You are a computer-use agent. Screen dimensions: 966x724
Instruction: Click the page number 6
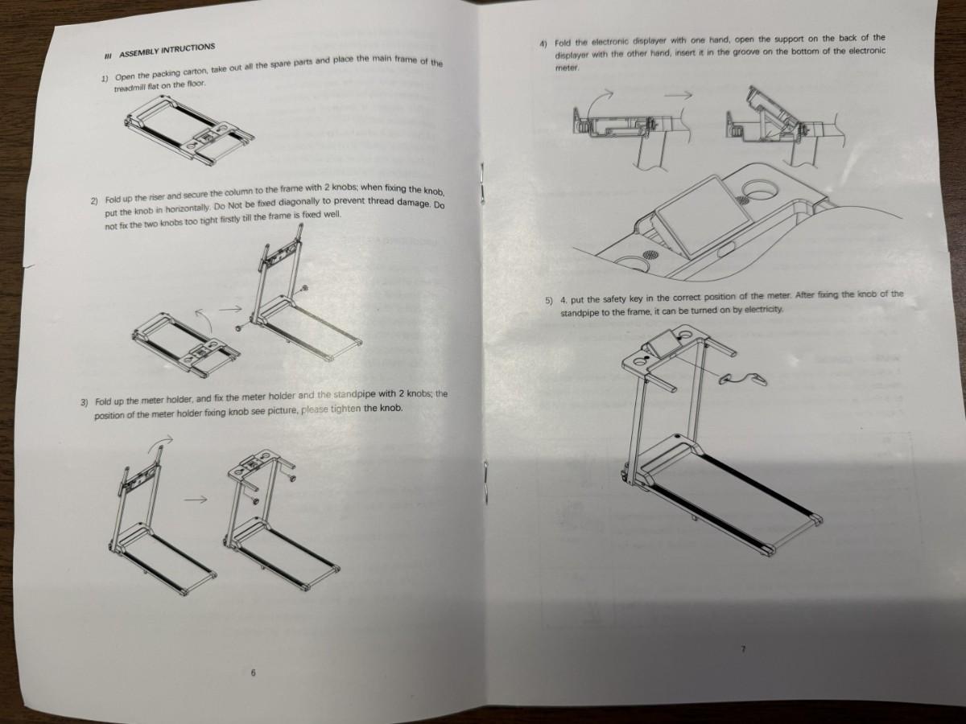coord(253,673)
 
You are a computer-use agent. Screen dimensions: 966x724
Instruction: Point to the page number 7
coord(743,649)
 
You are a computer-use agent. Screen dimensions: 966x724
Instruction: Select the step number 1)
coord(105,79)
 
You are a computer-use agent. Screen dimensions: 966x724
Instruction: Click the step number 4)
coord(543,43)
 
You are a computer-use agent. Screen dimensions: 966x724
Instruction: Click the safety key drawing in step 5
coord(743,377)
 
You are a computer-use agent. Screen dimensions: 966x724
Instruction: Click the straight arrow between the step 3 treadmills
coord(196,500)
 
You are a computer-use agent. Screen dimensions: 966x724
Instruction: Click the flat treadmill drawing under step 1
coord(190,127)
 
